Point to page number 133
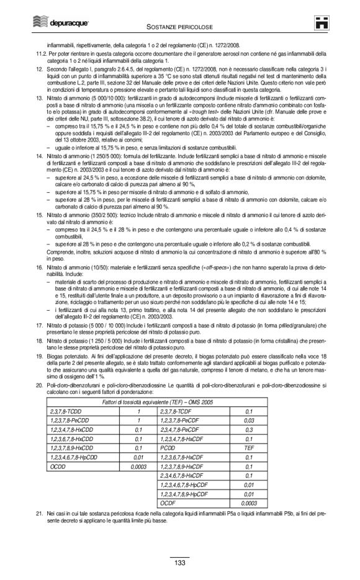click(179, 563)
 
